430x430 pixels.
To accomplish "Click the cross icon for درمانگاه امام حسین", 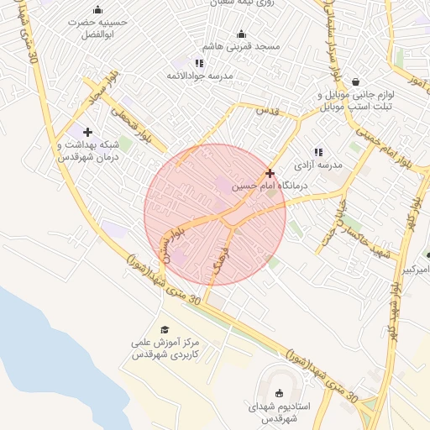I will [269, 173].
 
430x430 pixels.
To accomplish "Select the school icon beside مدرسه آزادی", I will [317, 152].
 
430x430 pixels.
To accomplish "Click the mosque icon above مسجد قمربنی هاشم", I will [242, 34].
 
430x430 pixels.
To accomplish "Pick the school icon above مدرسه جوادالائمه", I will [199, 63].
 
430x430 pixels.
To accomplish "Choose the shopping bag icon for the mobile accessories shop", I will [357, 81].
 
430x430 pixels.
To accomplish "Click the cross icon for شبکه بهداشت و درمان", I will [87, 132].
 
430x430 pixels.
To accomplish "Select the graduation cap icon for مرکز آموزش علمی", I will [165, 330].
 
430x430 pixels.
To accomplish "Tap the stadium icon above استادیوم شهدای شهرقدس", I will [279, 393].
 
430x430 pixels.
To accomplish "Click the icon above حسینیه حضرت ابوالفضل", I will [97, 10].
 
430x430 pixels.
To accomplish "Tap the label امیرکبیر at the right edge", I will [417, 270].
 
